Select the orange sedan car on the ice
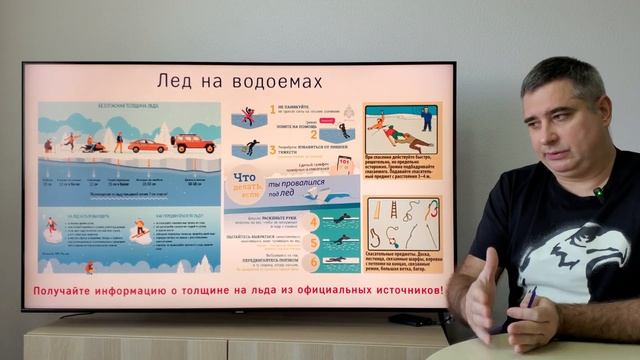[x=148, y=146]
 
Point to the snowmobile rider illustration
[x=93, y=145]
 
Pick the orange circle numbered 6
[x=313, y=262]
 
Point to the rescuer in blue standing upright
[x=427, y=118]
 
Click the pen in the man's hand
[x=528, y=297]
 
